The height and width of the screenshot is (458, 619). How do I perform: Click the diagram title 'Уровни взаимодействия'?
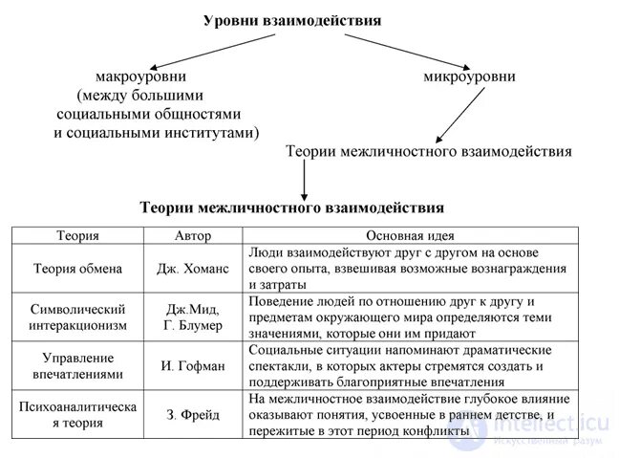click(291, 20)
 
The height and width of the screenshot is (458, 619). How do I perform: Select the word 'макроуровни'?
click(139, 76)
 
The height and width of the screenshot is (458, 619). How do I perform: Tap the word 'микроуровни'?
click(469, 76)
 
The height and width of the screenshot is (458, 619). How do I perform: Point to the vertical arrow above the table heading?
click(304, 178)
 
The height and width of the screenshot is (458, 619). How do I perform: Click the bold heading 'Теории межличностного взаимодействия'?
click(291, 207)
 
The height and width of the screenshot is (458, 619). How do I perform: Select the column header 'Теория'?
click(77, 235)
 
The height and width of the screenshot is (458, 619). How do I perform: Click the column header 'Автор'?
click(193, 235)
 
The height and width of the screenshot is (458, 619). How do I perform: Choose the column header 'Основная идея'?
click(410, 235)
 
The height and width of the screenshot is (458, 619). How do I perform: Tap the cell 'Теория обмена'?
click(77, 269)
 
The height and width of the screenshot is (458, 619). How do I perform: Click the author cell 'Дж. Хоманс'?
click(193, 269)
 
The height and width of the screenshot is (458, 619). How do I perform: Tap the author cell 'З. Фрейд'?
click(193, 415)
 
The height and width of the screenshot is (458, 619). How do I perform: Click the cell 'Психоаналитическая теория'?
click(77, 415)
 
